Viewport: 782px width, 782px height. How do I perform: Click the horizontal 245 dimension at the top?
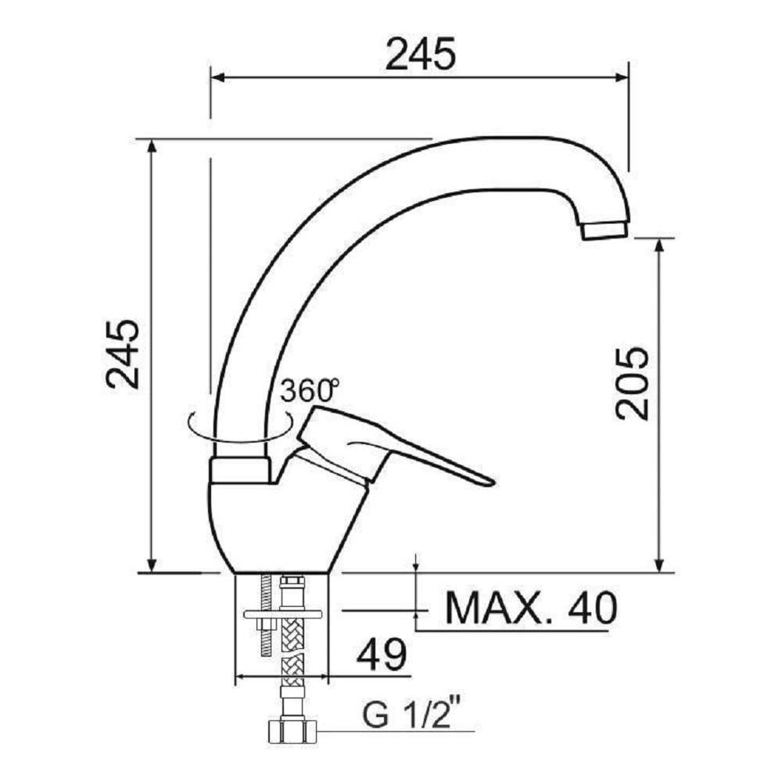click(x=421, y=54)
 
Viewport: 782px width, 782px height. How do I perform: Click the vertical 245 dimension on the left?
click(x=123, y=353)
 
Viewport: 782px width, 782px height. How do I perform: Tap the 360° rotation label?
click(x=309, y=390)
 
